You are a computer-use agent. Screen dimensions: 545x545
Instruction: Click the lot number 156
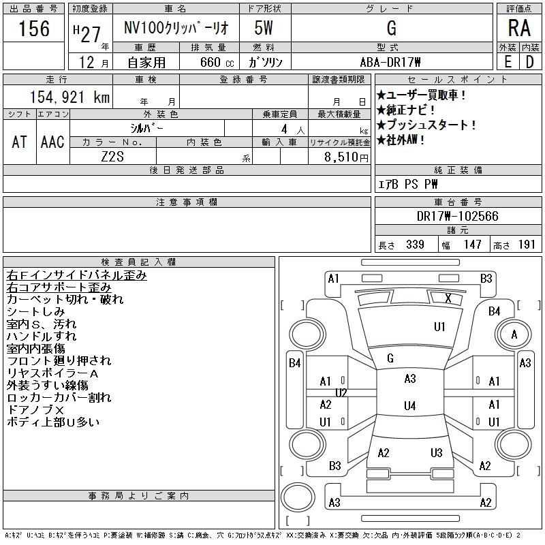click(34, 29)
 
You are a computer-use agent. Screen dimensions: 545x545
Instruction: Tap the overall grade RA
click(518, 29)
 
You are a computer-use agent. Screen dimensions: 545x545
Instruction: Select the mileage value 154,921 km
click(68, 97)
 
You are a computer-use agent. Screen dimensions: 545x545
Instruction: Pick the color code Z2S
click(112, 156)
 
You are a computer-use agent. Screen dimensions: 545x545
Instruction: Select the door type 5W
click(264, 29)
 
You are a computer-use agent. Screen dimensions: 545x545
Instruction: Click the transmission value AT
click(19, 142)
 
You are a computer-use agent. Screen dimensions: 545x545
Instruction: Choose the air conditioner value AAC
click(52, 142)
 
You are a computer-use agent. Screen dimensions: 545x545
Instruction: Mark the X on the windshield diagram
click(448, 298)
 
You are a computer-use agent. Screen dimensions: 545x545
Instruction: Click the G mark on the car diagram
click(390, 358)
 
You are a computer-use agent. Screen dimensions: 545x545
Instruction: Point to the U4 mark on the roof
click(409, 406)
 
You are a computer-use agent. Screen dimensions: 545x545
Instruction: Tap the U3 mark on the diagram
click(437, 453)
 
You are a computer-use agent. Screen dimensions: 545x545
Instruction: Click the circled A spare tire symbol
click(514, 334)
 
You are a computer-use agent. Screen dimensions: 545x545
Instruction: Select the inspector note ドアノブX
click(35, 409)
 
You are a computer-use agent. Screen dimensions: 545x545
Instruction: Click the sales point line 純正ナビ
click(407, 110)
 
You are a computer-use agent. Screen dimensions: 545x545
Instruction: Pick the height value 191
click(527, 245)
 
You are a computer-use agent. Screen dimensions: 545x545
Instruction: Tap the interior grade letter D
click(529, 61)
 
